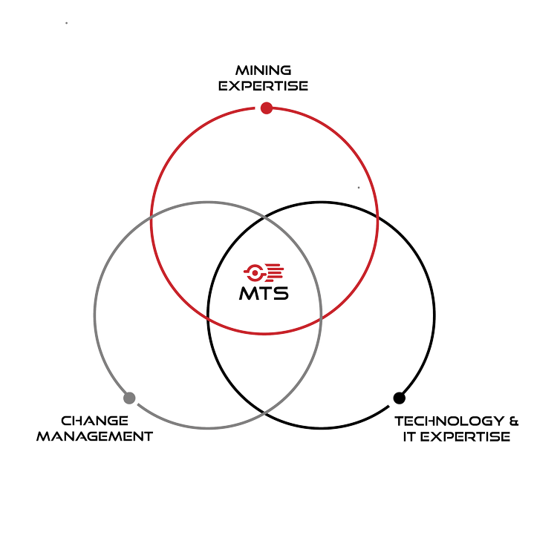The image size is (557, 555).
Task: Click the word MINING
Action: coord(263,70)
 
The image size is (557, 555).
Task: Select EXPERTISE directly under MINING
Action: coord(263,86)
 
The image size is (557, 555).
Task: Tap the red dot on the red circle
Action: coord(267,108)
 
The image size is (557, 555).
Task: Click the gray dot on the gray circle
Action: coord(129,398)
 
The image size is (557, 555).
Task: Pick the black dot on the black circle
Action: coord(400,398)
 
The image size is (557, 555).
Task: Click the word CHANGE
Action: coord(94,421)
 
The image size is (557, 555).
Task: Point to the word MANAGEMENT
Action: coord(94,436)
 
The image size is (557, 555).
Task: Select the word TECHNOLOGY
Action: coord(449,421)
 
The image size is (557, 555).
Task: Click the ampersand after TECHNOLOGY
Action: coord(514,421)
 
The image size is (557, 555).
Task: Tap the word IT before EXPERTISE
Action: coord(409,437)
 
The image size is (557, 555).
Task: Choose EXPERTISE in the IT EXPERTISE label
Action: coord(466,437)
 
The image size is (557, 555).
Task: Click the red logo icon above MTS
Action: coord(264,273)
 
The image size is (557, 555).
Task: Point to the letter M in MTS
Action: coord(248,294)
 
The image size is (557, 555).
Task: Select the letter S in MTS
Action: coord(281,294)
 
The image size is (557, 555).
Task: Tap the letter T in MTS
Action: coord(265,294)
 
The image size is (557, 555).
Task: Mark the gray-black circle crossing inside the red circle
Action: coord(264,217)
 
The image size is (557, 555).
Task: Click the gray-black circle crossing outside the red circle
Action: coord(264,413)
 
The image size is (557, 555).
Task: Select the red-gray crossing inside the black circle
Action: coord(321,318)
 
